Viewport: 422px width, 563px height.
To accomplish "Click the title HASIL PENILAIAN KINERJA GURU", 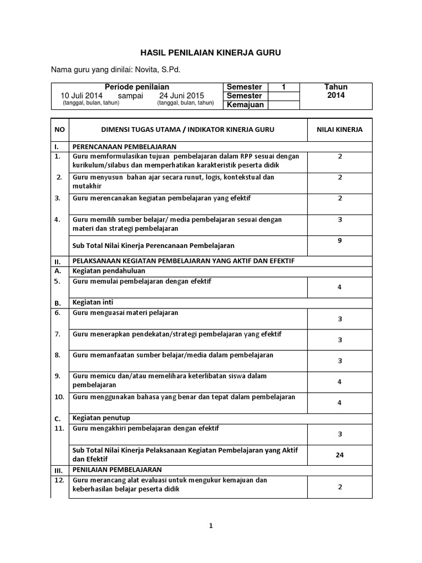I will tap(211, 53).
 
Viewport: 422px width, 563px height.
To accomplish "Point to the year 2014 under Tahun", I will tap(336, 95).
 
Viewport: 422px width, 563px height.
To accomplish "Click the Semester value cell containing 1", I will tap(284, 87).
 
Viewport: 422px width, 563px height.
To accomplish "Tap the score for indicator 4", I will tap(340, 219).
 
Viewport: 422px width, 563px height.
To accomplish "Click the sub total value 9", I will tap(340, 240).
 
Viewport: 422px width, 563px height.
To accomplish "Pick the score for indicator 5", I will tap(340, 286).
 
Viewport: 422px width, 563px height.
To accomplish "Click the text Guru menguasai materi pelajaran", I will tap(125, 312).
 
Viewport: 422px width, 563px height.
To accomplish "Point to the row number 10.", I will tap(59, 396).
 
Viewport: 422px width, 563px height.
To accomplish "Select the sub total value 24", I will tap(340, 455).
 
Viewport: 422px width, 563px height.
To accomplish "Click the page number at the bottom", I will tap(210, 526).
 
